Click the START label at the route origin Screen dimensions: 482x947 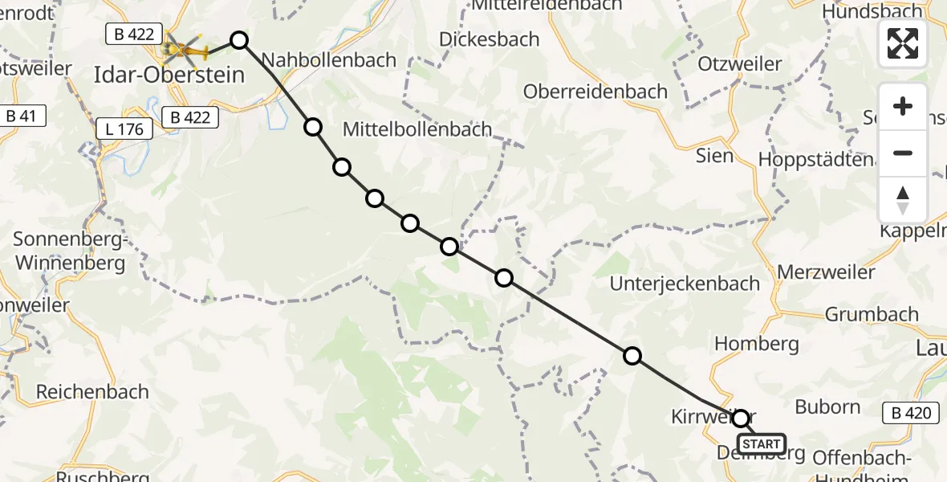pyautogui.click(x=761, y=444)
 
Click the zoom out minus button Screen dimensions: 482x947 pyautogui.click(x=903, y=153)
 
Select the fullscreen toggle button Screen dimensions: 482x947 pyautogui.click(x=903, y=43)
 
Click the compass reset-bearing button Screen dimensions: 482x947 pyautogui.click(x=903, y=200)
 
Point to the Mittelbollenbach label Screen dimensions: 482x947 pyautogui.click(x=417, y=129)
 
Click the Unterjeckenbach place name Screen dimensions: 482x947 pyautogui.click(x=685, y=283)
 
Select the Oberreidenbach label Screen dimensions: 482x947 pyautogui.click(x=595, y=92)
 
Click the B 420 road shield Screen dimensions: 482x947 pyautogui.click(x=912, y=414)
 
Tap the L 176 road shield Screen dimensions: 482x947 pyautogui.click(x=124, y=129)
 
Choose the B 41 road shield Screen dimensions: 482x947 pyautogui.click(x=22, y=116)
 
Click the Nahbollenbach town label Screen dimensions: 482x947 pyautogui.click(x=329, y=59)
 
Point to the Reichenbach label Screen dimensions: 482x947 pyautogui.click(x=92, y=392)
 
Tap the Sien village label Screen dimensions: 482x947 pyautogui.click(x=714, y=155)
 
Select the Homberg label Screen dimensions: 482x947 pyautogui.click(x=756, y=344)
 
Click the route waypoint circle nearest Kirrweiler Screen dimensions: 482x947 pyautogui.click(x=740, y=419)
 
